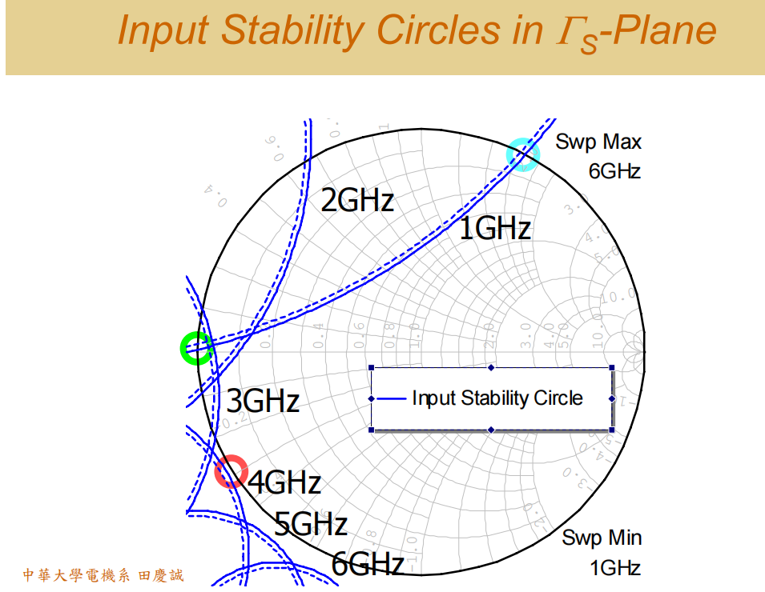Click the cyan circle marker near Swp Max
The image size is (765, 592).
(522, 154)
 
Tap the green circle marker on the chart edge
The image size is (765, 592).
(196, 348)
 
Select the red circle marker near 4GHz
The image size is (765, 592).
(232, 471)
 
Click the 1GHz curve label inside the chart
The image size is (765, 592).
(494, 230)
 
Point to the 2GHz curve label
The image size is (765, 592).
(357, 200)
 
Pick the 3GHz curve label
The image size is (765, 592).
(263, 401)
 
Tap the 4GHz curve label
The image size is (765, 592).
(284, 483)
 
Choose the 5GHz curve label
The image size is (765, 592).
(311, 525)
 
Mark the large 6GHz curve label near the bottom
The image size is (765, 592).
(367, 564)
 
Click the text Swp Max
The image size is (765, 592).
(598, 142)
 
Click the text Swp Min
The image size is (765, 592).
(602, 538)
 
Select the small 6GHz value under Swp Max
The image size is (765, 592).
(614, 171)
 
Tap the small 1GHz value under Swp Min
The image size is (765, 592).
(614, 568)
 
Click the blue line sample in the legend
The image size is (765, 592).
(390, 398)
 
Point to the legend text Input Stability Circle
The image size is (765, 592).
(497, 398)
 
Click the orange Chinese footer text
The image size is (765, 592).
(103, 575)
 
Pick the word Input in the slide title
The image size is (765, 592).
(163, 31)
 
